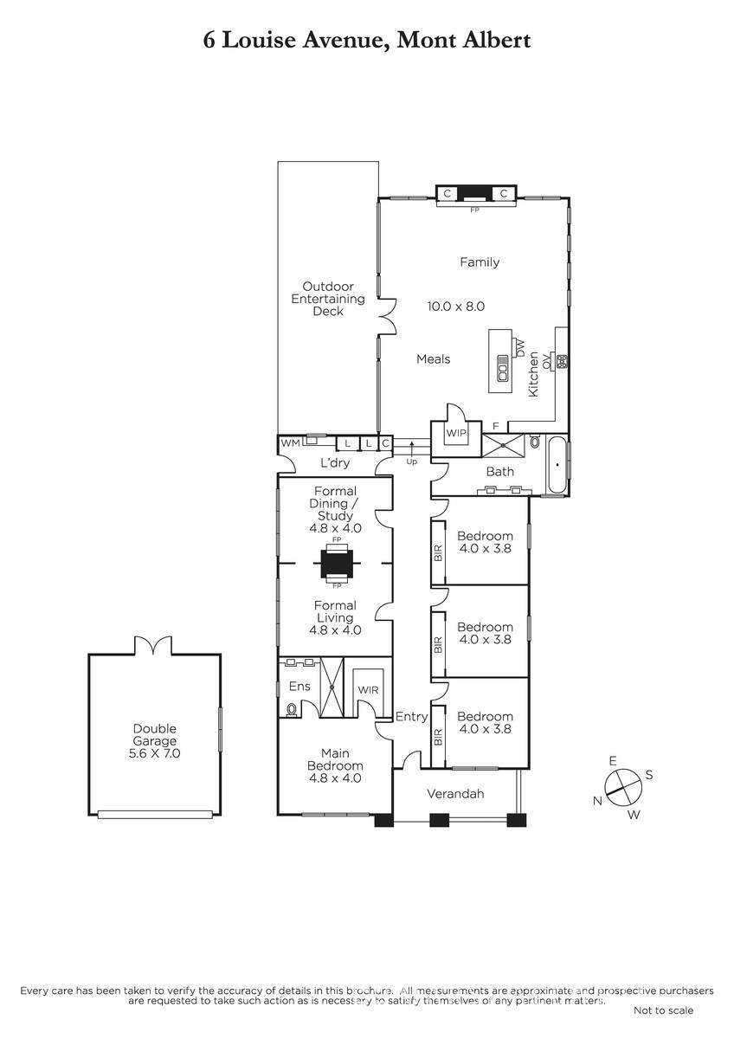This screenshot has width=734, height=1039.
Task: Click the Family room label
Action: [x=480, y=262]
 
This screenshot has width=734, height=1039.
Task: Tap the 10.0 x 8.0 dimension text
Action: [x=456, y=307]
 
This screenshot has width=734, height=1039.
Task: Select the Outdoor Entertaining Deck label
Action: [x=328, y=299]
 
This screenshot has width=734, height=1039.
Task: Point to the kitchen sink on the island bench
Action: [x=503, y=368]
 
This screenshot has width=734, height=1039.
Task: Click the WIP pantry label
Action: [x=456, y=433]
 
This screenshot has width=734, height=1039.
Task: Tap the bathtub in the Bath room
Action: [x=557, y=465]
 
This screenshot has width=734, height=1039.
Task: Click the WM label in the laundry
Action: [x=290, y=443]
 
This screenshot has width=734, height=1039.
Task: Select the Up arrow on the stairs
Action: [x=412, y=452]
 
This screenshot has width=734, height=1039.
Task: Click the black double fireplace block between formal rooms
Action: [x=337, y=563]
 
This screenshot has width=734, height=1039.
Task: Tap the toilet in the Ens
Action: [x=292, y=710]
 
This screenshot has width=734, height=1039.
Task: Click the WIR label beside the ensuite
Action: [x=368, y=690]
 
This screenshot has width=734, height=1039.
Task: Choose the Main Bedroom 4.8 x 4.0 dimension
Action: [x=335, y=778]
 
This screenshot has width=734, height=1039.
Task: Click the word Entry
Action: [x=411, y=717]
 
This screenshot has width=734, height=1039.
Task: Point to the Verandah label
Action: [x=455, y=794]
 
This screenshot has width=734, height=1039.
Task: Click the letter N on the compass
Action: [x=598, y=801]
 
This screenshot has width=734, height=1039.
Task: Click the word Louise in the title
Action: [x=259, y=41]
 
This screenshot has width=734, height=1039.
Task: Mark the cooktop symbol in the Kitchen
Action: [x=563, y=362]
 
